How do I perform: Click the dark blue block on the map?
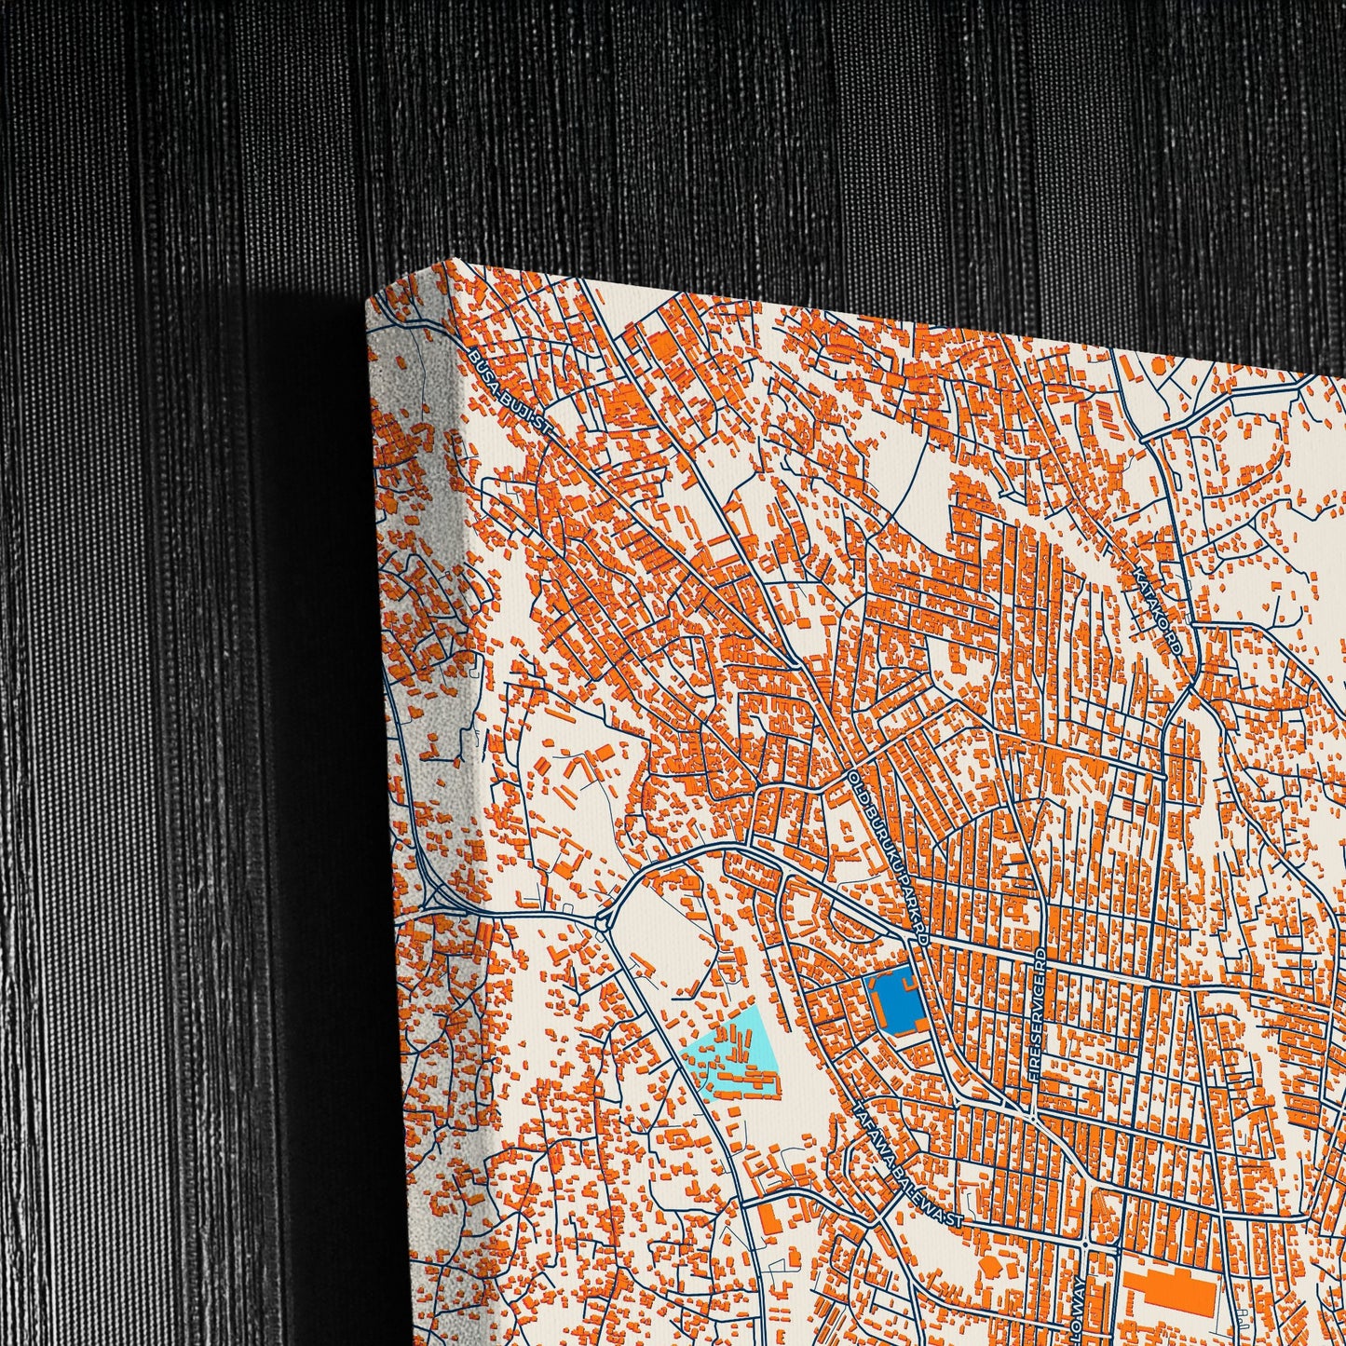tap(893, 1002)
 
